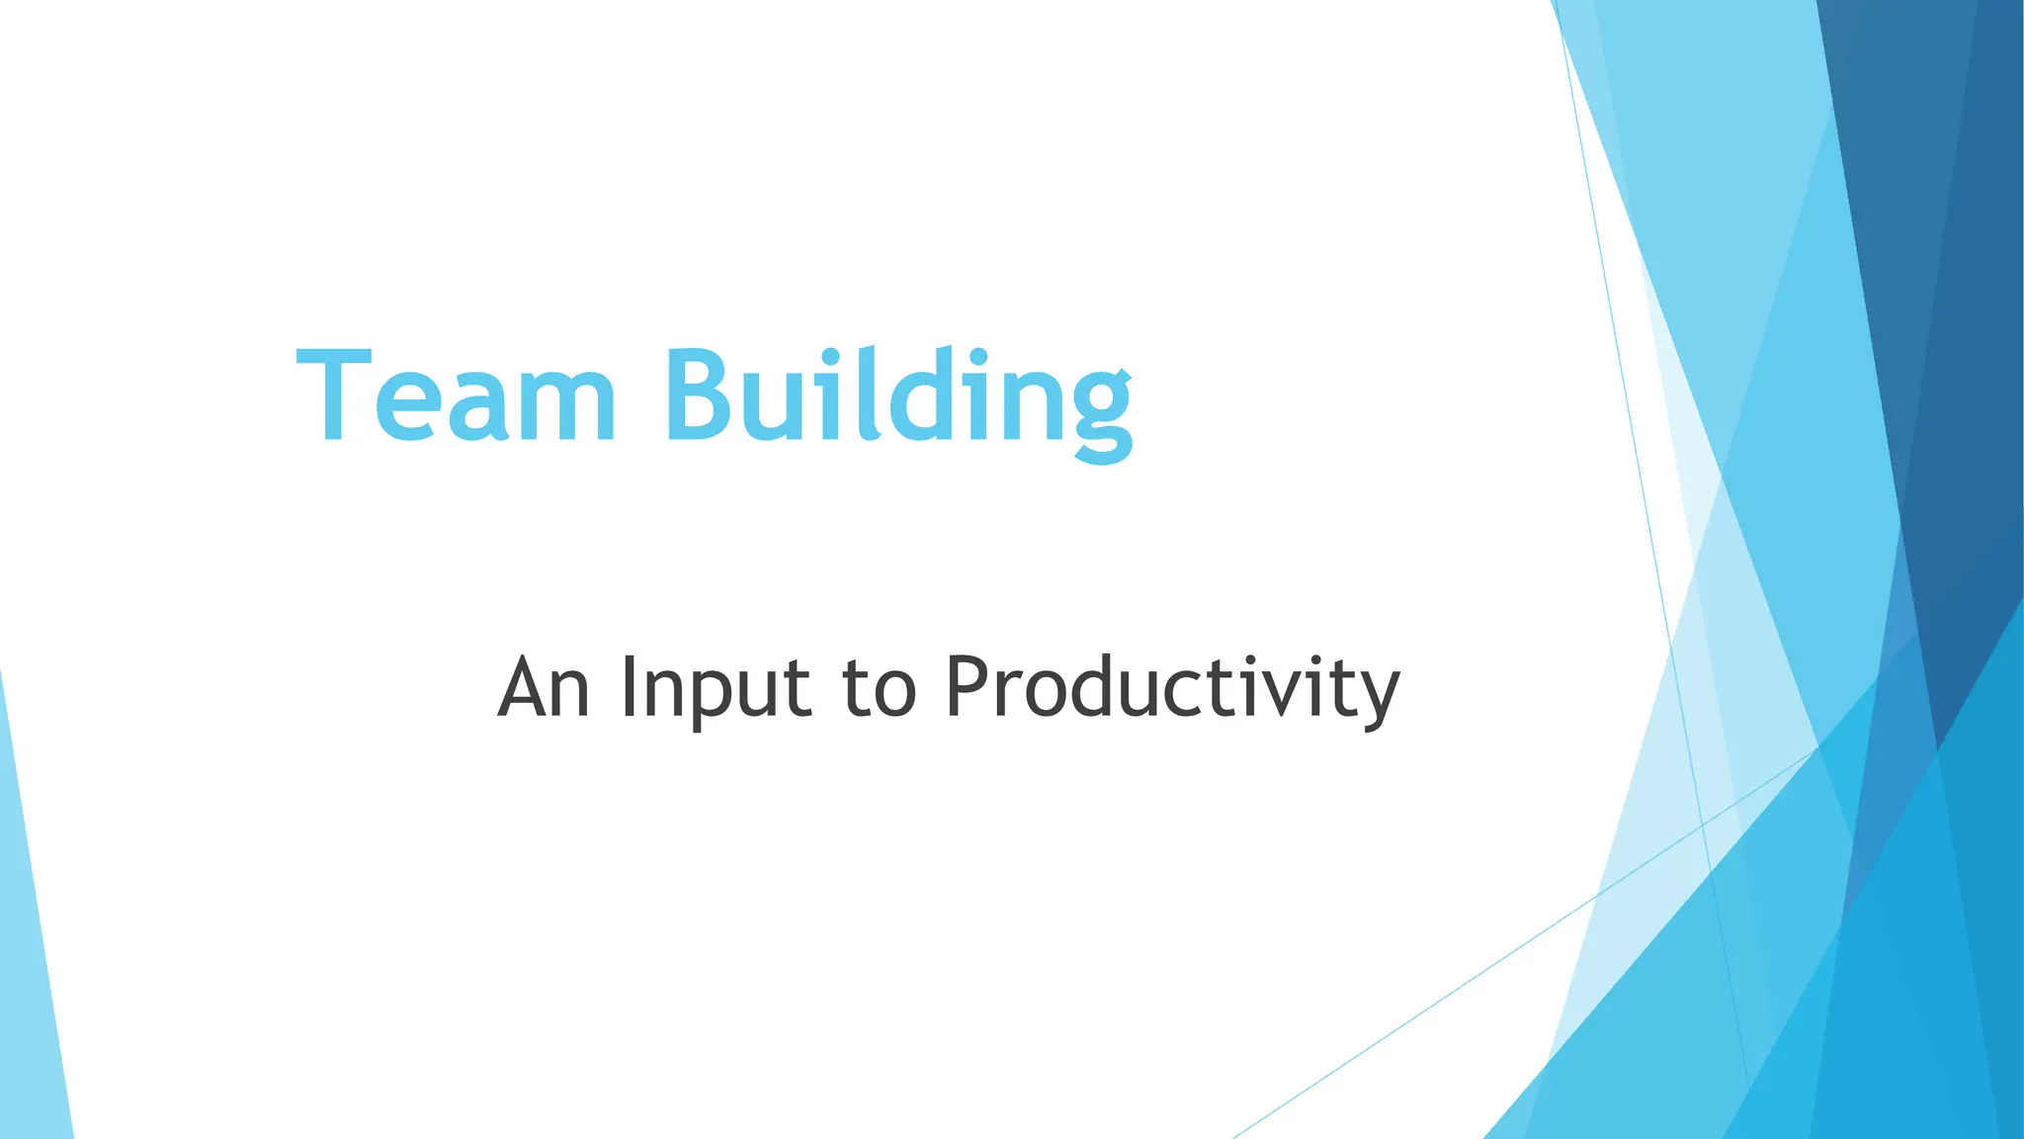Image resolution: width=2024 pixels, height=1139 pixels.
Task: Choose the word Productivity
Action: [x=1172, y=689]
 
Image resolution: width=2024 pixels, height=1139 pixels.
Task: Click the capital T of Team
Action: [x=334, y=395]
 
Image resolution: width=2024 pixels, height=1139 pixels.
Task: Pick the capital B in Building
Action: [x=703, y=395]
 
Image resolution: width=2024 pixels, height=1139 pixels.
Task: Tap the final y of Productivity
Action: [x=1377, y=696]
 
